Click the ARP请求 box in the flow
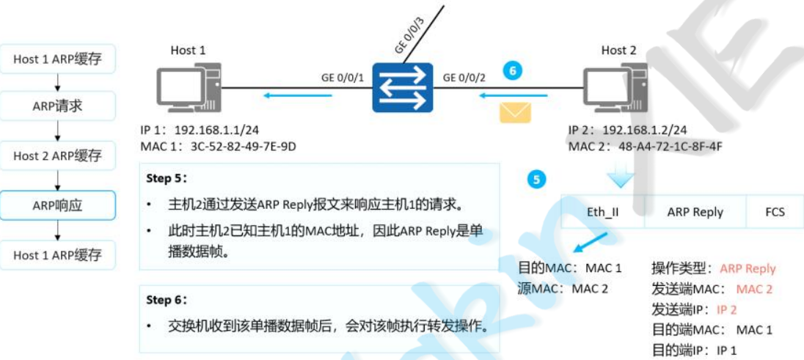[x=58, y=106]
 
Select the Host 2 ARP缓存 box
[x=58, y=156]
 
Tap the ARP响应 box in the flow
[x=58, y=206]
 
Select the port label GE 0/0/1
[x=342, y=77]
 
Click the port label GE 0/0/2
[x=464, y=77]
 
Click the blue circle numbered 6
[x=514, y=71]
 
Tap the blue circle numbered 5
[x=538, y=178]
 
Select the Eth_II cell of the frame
[x=603, y=213]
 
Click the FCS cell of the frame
[x=774, y=213]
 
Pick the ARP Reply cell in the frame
[x=695, y=213]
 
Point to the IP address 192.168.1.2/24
[x=644, y=131]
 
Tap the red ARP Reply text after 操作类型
[x=748, y=269]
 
